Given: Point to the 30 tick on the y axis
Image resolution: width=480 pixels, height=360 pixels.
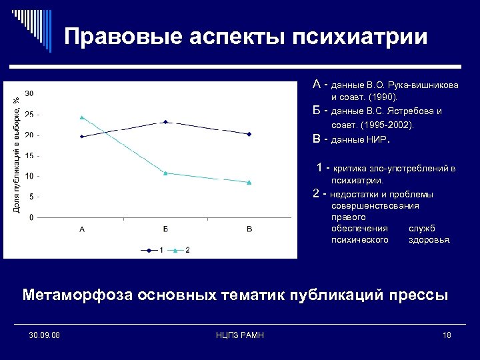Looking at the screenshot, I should [x=30, y=93].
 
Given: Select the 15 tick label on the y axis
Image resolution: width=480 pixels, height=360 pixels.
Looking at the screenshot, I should [x=30, y=156].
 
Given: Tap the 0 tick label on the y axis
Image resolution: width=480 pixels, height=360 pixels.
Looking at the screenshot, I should [x=32, y=218].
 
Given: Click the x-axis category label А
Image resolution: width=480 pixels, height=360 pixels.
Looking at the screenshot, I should [x=82, y=229].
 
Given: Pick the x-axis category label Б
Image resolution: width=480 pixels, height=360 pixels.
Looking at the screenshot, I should [x=165, y=229].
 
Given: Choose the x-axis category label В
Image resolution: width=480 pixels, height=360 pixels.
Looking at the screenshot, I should [x=249, y=229].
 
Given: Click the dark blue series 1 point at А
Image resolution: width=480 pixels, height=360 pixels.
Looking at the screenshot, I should [x=82, y=136].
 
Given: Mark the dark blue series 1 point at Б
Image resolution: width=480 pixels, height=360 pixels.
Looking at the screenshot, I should [x=165, y=122].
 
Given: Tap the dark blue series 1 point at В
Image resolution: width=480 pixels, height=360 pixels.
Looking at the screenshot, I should [x=249, y=134].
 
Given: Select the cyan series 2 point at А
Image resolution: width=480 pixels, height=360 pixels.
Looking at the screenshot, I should [x=82, y=117].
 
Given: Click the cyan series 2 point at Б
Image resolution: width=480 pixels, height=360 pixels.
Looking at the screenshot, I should [x=165, y=173].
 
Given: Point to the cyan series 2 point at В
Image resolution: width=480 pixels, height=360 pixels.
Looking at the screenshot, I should [x=249, y=182].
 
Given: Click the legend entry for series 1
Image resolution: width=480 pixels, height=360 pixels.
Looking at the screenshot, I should [x=153, y=250].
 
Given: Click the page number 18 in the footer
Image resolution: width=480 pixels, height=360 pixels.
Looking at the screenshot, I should [x=446, y=335].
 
